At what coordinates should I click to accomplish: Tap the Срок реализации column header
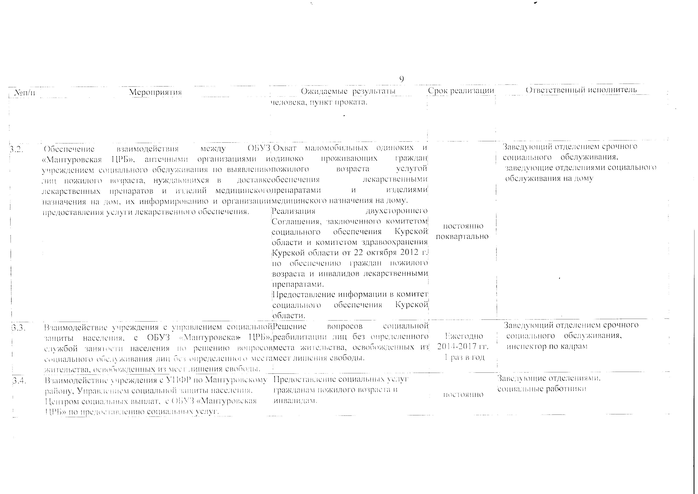tap(461, 91)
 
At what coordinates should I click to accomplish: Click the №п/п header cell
tap(25, 92)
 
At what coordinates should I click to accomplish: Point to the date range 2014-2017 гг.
tap(462, 346)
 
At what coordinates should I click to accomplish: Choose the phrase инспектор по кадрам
tap(547, 346)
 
